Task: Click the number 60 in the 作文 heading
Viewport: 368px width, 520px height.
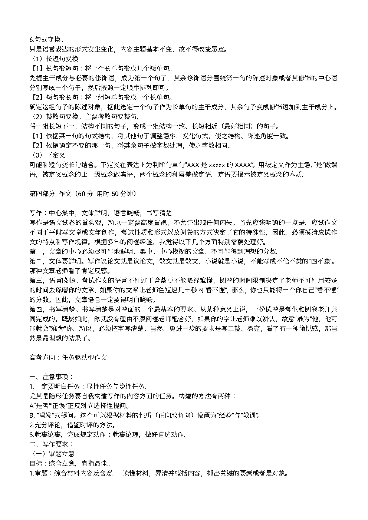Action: point(82,193)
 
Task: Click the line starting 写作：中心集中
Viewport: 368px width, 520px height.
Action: point(100,213)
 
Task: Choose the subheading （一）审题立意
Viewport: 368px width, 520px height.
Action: point(52,454)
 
